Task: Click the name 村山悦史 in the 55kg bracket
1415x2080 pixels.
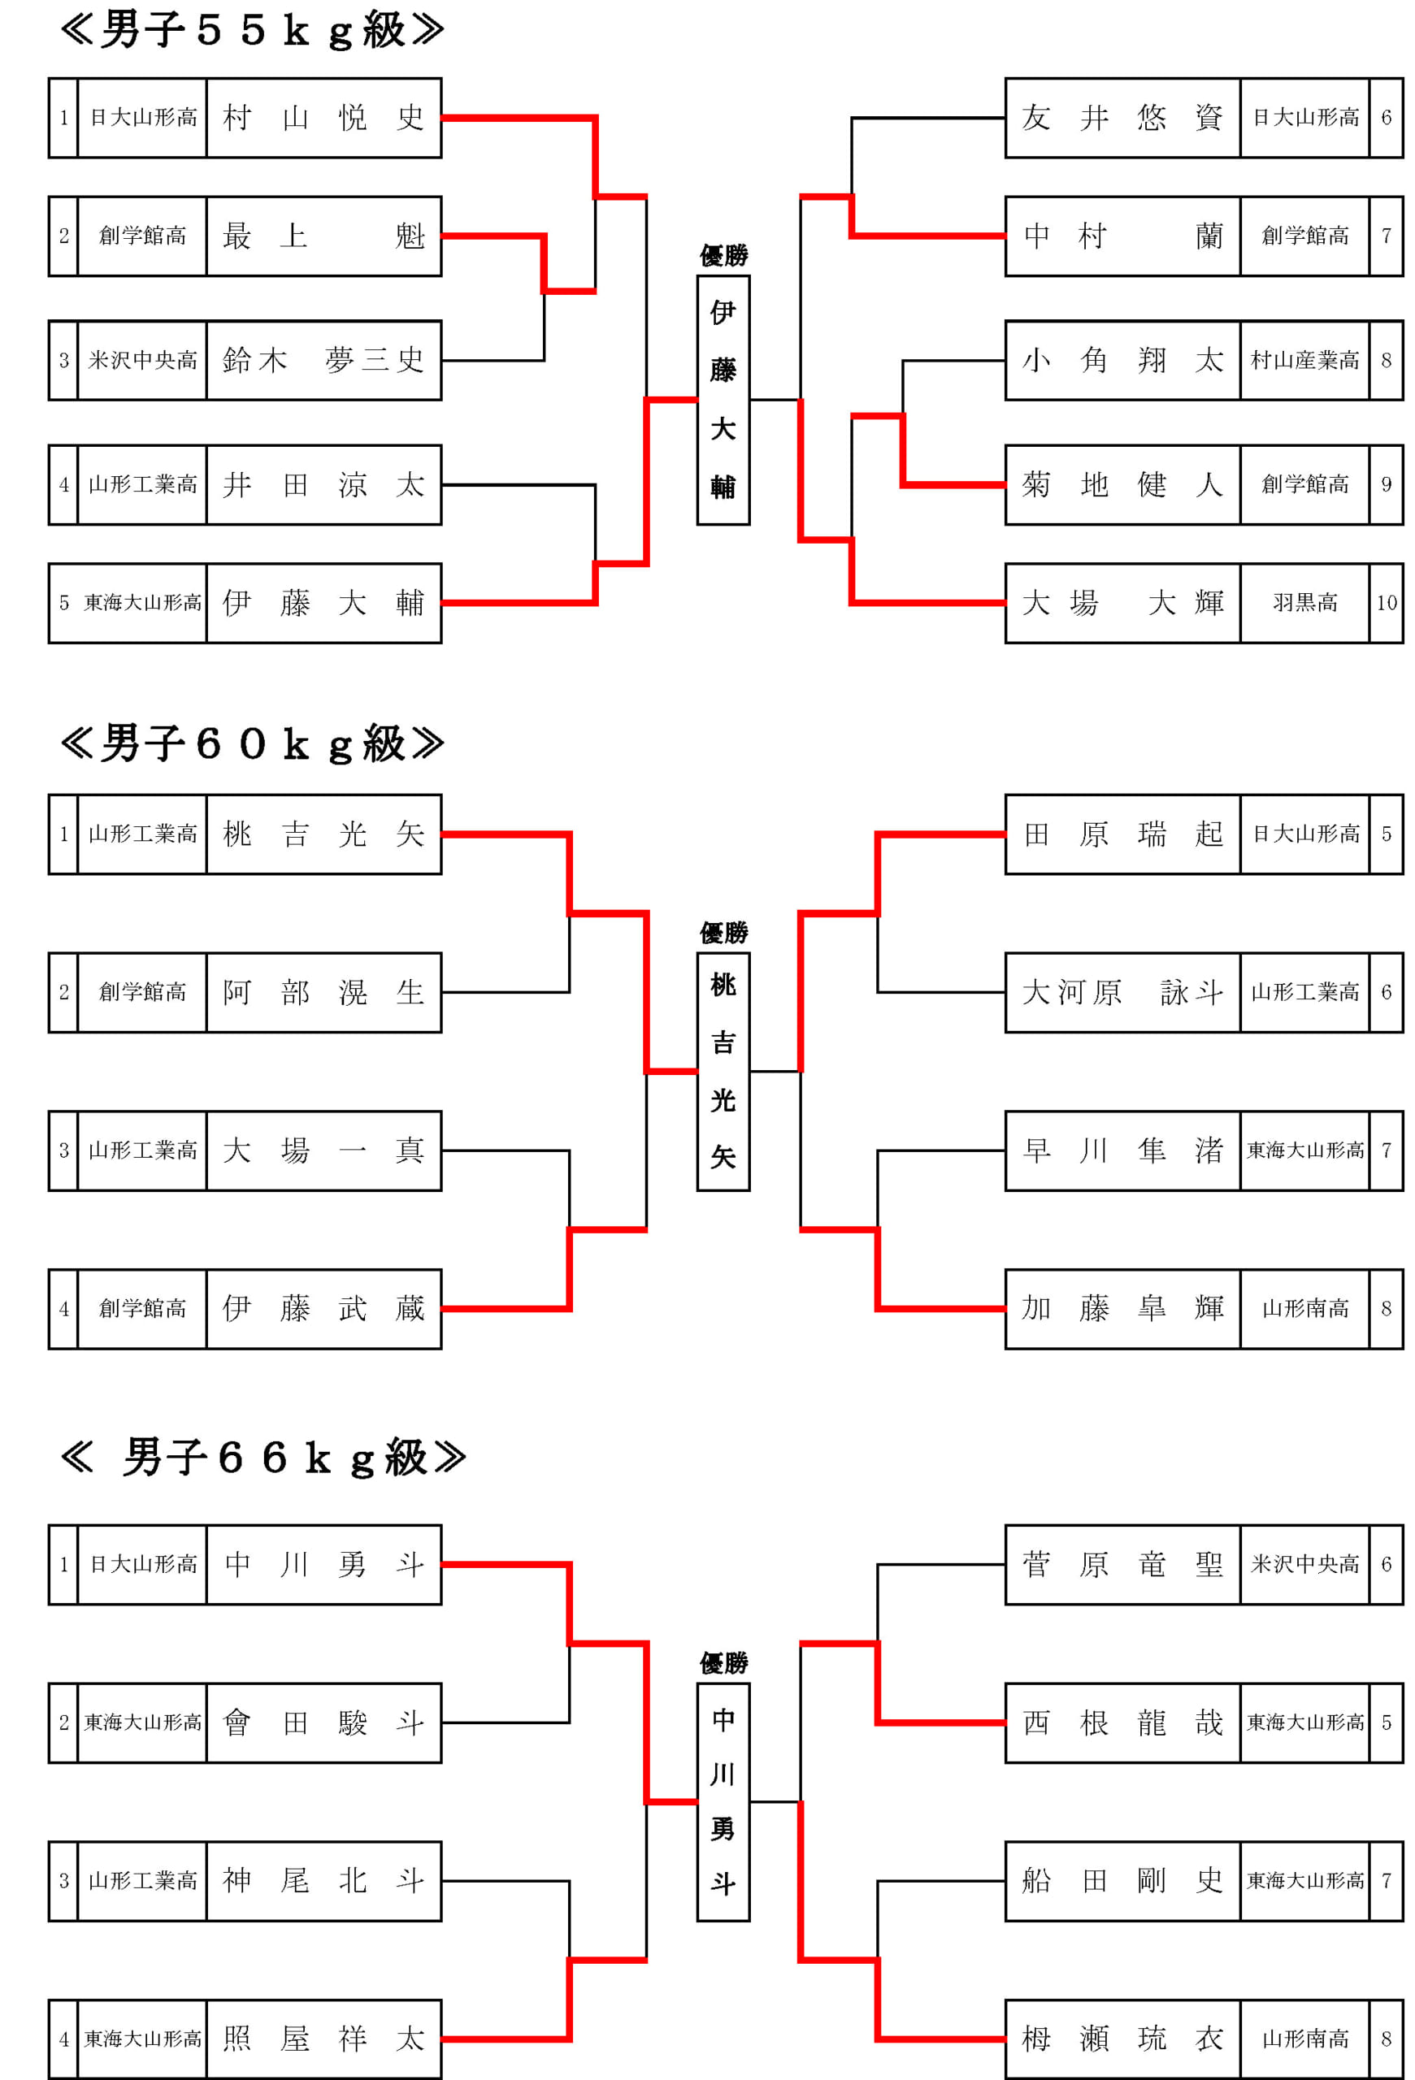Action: (x=323, y=118)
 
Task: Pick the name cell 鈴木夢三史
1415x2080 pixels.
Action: (x=323, y=361)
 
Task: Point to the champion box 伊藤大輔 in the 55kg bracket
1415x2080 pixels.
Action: (x=723, y=400)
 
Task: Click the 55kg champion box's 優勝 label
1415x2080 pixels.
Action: (x=723, y=256)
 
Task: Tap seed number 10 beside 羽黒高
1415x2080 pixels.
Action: (x=1386, y=603)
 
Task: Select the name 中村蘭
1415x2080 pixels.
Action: (x=1122, y=236)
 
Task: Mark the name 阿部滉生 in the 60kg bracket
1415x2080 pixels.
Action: (x=323, y=993)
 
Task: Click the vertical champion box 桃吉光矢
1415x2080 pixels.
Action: (x=723, y=1072)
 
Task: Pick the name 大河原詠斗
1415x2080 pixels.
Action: (x=1122, y=993)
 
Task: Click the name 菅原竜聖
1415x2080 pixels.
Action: (x=1122, y=1565)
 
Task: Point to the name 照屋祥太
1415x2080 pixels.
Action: (x=323, y=2039)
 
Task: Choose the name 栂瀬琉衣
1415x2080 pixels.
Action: (x=1122, y=2039)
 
